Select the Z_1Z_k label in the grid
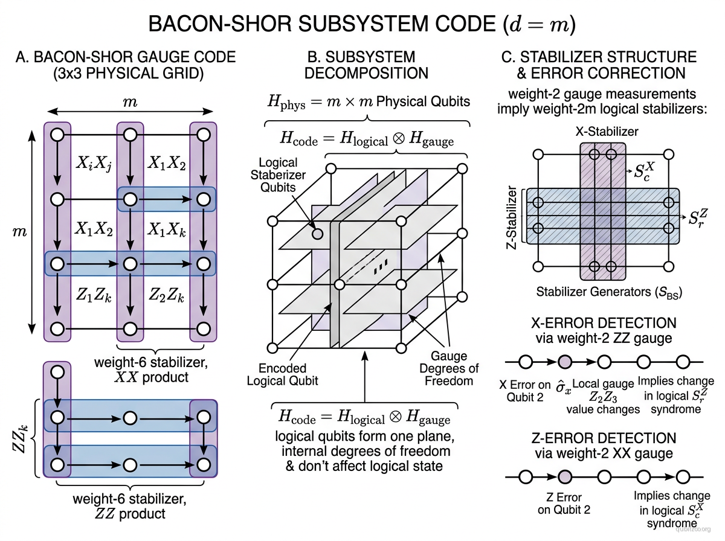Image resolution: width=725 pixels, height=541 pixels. (94, 296)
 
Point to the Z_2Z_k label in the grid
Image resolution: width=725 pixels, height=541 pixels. (167, 296)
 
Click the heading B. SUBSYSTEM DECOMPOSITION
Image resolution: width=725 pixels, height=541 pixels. (367, 65)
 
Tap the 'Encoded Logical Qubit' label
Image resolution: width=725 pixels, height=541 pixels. (282, 374)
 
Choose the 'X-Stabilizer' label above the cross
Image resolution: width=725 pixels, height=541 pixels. (598, 131)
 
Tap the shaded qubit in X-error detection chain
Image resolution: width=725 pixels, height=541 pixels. (565, 362)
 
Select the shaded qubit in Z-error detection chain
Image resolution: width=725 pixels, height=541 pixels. (565, 477)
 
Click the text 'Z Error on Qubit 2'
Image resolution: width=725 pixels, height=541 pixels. (560, 504)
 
